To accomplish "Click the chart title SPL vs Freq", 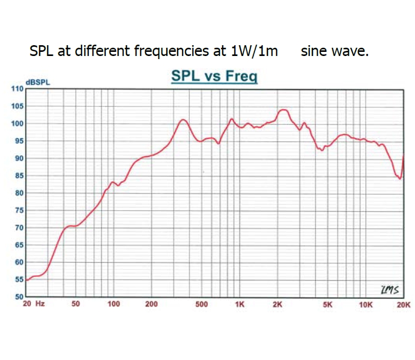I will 214,77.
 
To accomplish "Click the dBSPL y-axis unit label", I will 38,82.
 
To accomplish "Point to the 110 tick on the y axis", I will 18,88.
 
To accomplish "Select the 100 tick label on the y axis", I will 18,123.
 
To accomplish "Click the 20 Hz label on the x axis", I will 34,304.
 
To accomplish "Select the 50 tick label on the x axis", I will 76,304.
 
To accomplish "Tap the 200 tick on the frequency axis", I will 151,304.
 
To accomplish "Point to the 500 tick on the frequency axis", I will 202,304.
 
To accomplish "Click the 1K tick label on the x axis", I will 240,304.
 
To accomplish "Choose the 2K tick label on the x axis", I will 278,304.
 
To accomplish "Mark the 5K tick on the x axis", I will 328,304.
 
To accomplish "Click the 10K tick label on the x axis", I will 366,304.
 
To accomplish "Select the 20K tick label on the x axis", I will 404,304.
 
